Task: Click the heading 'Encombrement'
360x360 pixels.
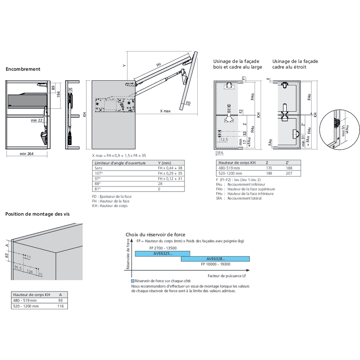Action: coord(23,69)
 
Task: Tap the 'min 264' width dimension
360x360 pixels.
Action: coord(27,154)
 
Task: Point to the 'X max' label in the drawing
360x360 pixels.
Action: coord(165,111)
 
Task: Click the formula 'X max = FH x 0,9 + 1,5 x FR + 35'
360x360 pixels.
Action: coord(119,156)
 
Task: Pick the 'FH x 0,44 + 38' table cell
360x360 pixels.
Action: coord(170,168)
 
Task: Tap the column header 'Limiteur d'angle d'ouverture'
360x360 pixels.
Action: coord(120,163)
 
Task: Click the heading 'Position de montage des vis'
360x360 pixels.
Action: coord(37,214)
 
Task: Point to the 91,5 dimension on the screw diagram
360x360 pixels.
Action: coord(18,268)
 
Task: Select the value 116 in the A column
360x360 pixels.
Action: coord(60,306)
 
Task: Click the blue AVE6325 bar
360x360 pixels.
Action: coord(162,253)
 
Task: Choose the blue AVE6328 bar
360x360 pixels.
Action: coord(215,259)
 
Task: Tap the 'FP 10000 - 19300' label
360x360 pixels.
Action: coord(215,264)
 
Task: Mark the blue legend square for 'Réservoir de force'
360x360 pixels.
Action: coord(133,281)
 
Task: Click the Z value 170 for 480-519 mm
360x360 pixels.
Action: coord(269,168)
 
